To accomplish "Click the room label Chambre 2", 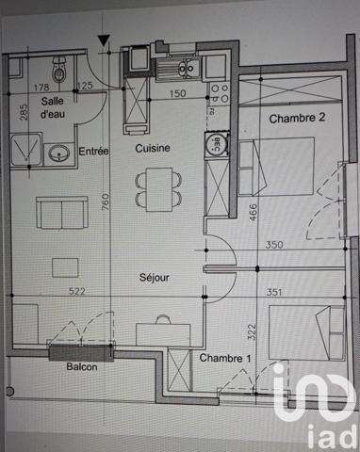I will pyautogui.click(x=297, y=119).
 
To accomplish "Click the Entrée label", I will pyautogui.click(x=94, y=151).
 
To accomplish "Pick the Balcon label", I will pyautogui.click(x=81, y=370).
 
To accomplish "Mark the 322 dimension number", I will pyautogui.click(x=252, y=331).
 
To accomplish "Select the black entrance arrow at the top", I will pyautogui.click(x=103, y=40).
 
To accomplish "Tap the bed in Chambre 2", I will pyautogui.click(x=279, y=166).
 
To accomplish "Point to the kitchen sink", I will pyautogui.click(x=176, y=65).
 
